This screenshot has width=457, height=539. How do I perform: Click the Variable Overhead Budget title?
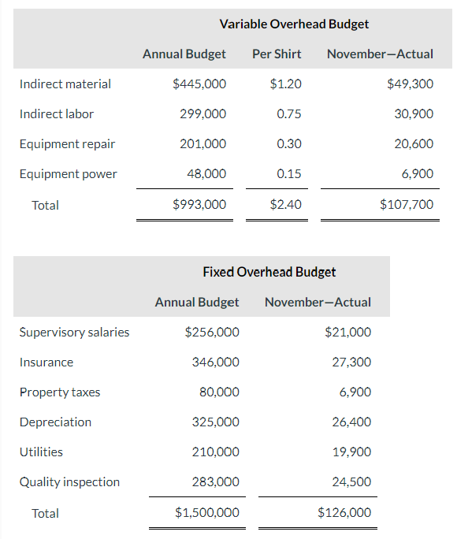294,24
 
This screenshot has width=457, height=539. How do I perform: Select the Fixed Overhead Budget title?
269,272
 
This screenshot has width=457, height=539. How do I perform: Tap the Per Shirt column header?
277,54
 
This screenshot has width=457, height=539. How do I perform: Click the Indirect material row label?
65,84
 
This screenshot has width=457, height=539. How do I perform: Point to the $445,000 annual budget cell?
199,84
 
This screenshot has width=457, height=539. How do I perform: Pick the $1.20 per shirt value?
285,84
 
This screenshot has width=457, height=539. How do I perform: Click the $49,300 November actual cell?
411,84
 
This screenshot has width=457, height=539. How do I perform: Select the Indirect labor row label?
57,113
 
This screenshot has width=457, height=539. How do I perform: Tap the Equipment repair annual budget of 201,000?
203,143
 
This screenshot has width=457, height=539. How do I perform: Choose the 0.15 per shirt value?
289,173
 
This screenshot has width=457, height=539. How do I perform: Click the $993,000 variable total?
199,205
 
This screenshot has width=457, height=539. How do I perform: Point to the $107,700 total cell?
407,205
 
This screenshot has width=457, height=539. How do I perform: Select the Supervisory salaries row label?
75,332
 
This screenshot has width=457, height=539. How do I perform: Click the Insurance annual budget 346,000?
216,362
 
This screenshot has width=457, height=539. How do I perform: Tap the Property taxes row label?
60,392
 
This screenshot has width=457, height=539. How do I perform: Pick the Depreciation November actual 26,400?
352,422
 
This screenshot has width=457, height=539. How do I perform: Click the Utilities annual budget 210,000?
216,452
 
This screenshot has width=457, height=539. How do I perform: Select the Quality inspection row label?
70,481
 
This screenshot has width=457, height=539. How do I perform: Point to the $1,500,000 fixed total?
207,513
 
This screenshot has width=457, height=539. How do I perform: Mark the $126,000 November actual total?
344,513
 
